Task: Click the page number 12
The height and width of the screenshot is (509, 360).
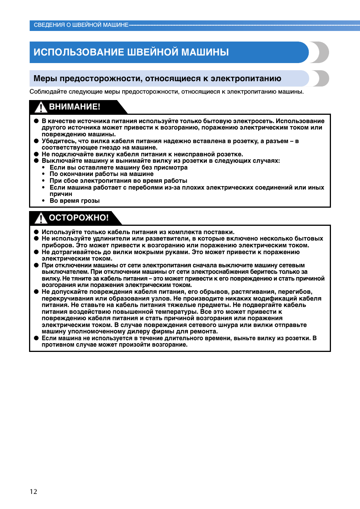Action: coord(34,491)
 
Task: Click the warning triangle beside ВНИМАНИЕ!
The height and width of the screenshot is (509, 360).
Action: coord(41,107)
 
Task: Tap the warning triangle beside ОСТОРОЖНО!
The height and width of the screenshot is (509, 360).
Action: coord(41,218)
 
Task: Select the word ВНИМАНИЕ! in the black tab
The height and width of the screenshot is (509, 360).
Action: coord(75,107)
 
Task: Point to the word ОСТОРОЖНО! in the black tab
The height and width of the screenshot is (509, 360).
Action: coord(79,218)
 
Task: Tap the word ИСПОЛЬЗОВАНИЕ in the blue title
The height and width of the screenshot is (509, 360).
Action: coord(79,52)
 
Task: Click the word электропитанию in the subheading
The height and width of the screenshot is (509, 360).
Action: coord(246,79)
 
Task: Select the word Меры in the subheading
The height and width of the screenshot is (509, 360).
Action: coord(45,79)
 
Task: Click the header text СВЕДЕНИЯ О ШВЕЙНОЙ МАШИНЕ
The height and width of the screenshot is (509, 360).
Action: coord(81,25)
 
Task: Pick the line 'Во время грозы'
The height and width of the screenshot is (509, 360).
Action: coord(75,201)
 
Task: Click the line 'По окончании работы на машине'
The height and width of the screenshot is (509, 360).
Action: coord(102,174)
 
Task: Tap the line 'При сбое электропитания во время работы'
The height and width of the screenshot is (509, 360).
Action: coord(118,181)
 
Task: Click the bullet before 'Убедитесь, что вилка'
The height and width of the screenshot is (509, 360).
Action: coord(37,141)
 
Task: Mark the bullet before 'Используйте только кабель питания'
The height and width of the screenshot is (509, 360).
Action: coord(37,232)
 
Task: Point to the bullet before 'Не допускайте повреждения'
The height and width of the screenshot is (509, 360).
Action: coord(37,292)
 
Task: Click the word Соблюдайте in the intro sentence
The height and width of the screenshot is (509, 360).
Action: coord(45,92)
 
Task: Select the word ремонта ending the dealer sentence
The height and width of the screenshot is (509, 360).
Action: coord(204,332)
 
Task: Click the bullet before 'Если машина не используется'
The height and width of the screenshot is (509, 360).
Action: coord(37,338)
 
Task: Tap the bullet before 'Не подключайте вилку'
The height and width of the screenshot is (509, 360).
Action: coord(37,154)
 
